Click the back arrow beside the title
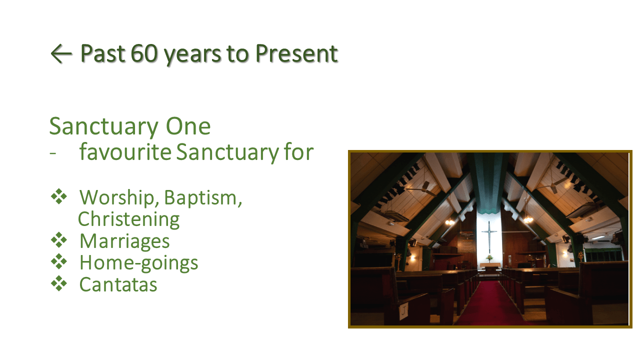pos(61,53)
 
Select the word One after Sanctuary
pos(188,126)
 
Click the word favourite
pos(125,151)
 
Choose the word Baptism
pos(203,197)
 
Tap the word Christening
pos(128,219)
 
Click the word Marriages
pos(124,241)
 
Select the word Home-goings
pos(138,263)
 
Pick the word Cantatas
pos(118,284)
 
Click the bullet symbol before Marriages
pos(59,239)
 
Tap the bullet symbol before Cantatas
pos(59,283)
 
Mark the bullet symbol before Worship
pos(59,196)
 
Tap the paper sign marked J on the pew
pos(403,311)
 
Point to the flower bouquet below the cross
pos(489,258)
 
